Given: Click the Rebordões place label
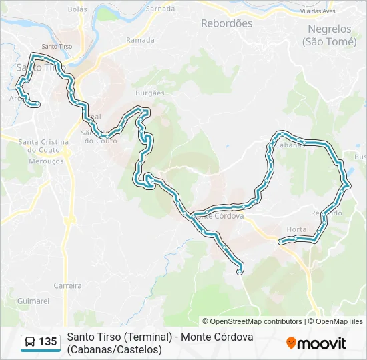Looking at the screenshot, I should pos(226,23).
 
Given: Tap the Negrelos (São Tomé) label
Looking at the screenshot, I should pos(329,35).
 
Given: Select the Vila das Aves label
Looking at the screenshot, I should pos(317,11).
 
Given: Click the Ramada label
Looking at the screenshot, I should pos(140,40).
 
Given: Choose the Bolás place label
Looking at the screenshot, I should pos(77,9).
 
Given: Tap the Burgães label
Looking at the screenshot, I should pos(149,93).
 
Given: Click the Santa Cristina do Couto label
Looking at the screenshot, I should pos(44,145).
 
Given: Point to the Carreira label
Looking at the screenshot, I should pos(67,285).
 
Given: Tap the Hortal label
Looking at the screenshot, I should pos(297,229).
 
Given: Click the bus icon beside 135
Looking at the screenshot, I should pos(30,342).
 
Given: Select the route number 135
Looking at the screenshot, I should pos(48,342).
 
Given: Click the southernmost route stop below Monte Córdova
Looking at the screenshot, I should pos(240,270).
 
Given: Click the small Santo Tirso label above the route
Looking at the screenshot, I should pos(57,46).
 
